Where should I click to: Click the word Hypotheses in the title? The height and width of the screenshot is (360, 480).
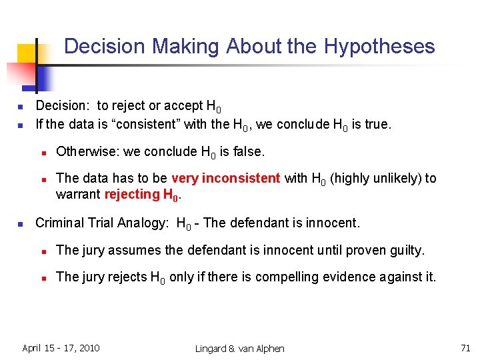[379, 47]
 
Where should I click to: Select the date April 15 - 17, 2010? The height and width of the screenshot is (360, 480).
[61, 347]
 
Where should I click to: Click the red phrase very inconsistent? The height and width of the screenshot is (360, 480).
[226, 178]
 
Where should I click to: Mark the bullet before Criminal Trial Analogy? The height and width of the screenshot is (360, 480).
[21, 224]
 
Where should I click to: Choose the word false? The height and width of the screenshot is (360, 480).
[249, 152]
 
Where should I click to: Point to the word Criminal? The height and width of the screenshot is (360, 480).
[59, 223]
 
